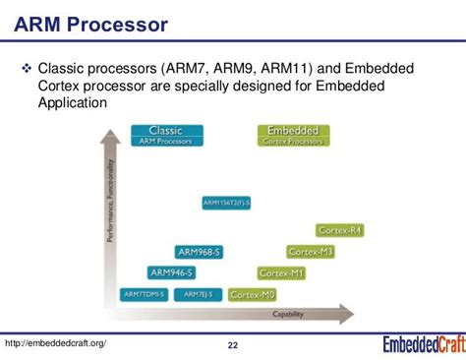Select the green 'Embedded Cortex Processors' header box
(292, 136)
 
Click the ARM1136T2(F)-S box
(227, 203)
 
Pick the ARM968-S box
(201, 253)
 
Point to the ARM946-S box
(173, 272)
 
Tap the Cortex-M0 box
(253, 294)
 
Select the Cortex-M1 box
(281, 272)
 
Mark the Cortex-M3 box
(311, 253)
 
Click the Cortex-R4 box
(340, 230)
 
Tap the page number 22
(232, 345)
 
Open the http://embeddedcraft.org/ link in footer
(55, 342)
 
